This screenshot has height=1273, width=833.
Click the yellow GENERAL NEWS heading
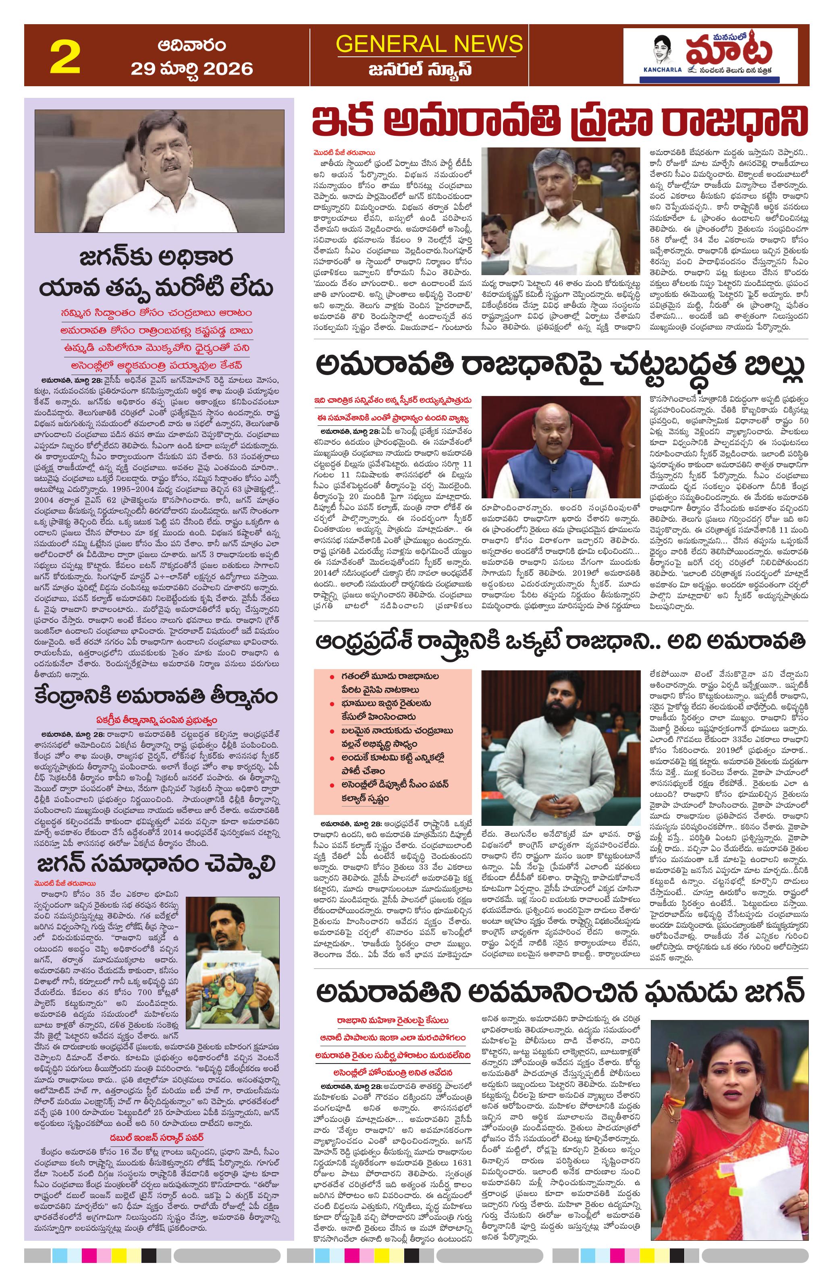429,44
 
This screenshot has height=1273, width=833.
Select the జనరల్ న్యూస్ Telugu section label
429,70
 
